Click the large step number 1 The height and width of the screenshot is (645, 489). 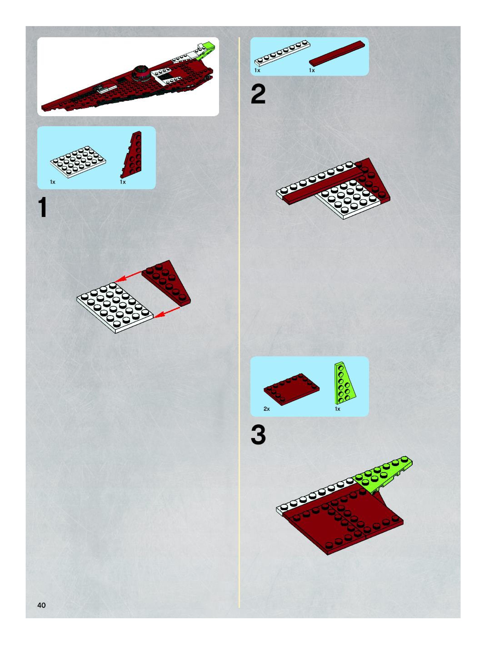coord(43,207)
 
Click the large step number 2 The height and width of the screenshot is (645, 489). coord(258,94)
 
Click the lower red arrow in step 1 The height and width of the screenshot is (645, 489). coord(167,312)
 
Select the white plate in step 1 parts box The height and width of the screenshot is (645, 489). coord(78,162)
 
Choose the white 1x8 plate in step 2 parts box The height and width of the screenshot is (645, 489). coord(282,53)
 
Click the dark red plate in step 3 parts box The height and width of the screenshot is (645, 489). coord(291,389)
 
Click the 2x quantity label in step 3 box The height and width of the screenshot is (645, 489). coord(267,409)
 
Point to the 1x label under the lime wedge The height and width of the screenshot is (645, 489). coord(337,409)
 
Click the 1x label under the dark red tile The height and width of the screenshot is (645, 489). coord(312,70)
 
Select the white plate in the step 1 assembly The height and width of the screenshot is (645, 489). coord(115,308)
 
